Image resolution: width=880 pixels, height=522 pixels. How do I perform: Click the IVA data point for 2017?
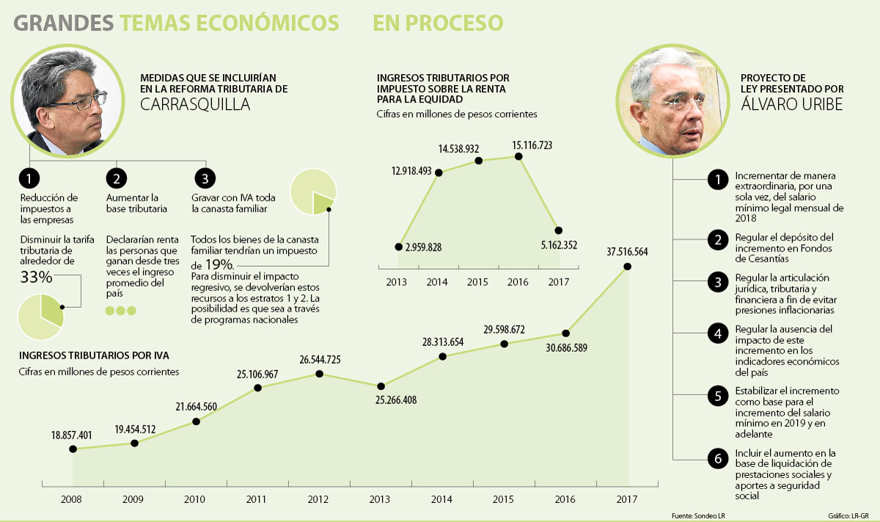point(628,268)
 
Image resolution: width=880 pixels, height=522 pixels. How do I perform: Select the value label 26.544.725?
point(319,359)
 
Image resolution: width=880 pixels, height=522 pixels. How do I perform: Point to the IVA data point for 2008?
point(73,449)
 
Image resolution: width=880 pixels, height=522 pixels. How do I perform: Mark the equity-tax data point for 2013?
point(398,247)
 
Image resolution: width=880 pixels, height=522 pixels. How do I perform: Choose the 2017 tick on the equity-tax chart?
point(559,282)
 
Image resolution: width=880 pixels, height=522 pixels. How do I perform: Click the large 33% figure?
point(36,278)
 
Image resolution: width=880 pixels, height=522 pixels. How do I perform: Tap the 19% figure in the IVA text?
point(218,264)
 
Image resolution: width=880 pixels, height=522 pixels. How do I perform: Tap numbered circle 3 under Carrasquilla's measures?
point(205,179)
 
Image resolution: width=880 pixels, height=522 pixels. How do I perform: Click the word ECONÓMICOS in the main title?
point(230,23)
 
